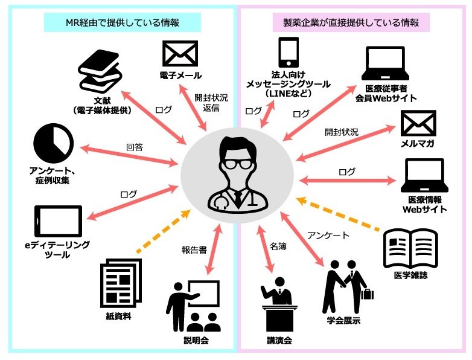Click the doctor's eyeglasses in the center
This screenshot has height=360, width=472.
tap(237, 164)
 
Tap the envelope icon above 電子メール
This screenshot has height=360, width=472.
tap(180, 54)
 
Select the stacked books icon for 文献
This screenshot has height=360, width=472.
tap(100, 72)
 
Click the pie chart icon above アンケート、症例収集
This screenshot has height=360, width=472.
tap(54, 143)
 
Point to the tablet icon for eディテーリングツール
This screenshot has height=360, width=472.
tap(59, 222)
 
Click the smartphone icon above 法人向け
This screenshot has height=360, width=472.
tap(289, 52)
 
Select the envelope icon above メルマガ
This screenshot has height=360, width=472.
tap(418, 123)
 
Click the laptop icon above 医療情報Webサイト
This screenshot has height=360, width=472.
tap(424, 176)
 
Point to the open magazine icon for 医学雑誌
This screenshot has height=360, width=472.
tap(410, 248)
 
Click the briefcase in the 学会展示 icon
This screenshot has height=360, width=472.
tap(367, 294)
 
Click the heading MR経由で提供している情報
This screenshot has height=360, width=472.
tap(123, 22)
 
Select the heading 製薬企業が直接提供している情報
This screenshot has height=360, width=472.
tap(351, 22)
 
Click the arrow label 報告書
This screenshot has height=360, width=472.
tap(194, 249)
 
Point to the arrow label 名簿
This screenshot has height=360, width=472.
tap(278, 246)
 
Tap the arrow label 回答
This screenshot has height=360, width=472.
tap(134, 147)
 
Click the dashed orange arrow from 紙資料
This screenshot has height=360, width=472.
tap(163, 231)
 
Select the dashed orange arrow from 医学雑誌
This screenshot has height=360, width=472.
tap(338, 214)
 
